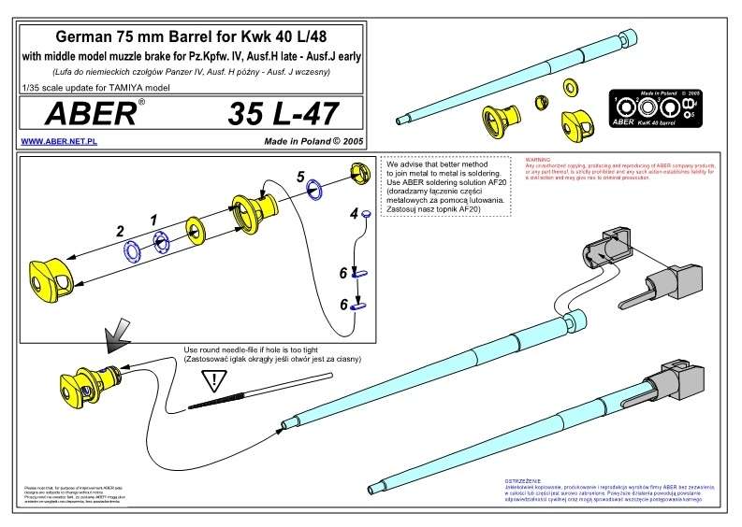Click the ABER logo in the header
click(x=79, y=115)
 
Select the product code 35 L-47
click(x=283, y=115)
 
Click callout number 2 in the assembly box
click(x=119, y=229)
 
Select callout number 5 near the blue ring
click(x=300, y=176)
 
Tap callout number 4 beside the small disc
click(x=354, y=214)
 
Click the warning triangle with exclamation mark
click(x=216, y=380)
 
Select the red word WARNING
click(x=539, y=161)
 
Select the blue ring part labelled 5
click(x=315, y=191)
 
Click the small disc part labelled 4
click(x=367, y=212)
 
